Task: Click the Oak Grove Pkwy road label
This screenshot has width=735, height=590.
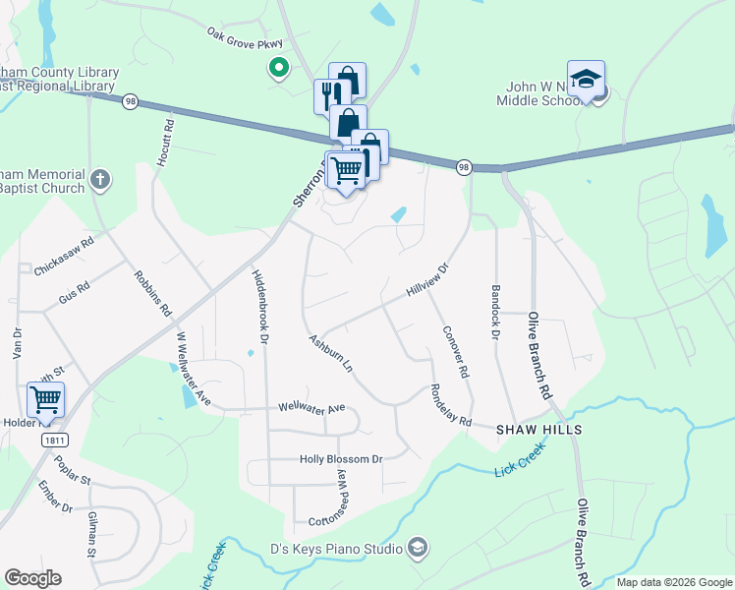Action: coord(244,38)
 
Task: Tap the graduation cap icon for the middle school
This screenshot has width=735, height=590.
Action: coord(586,79)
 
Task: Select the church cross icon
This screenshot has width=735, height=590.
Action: coord(99,180)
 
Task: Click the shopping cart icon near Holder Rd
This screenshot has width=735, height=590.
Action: coord(45,399)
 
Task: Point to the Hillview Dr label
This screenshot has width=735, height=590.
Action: coord(426,281)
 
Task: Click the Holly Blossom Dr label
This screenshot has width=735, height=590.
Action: coord(341,459)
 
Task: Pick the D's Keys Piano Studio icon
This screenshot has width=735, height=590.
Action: coord(417,548)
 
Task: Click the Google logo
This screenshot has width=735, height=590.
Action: coord(32,578)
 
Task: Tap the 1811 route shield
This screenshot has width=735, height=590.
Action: coord(55,441)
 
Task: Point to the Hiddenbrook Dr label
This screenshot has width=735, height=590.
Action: coord(260,305)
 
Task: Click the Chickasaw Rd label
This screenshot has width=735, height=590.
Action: coord(64,255)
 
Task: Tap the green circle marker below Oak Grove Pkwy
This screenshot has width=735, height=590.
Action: coord(278,68)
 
